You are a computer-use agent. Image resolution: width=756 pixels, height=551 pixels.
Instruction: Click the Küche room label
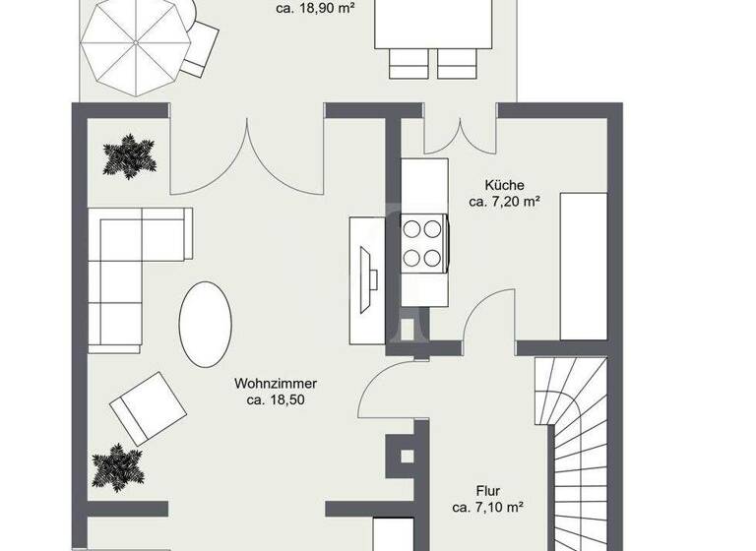tap(504, 185)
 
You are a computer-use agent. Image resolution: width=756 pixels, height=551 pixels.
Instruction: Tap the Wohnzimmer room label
tap(276, 383)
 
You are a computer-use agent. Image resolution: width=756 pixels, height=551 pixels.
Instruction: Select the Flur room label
tap(486, 490)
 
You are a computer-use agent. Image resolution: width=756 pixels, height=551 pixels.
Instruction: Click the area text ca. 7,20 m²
tap(504, 203)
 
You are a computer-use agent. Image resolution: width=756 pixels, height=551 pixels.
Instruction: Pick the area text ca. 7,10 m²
tap(487, 508)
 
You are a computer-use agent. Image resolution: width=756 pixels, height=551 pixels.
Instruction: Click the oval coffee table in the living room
tap(205, 324)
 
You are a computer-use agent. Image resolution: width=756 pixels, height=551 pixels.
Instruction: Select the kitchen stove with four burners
tap(424, 244)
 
